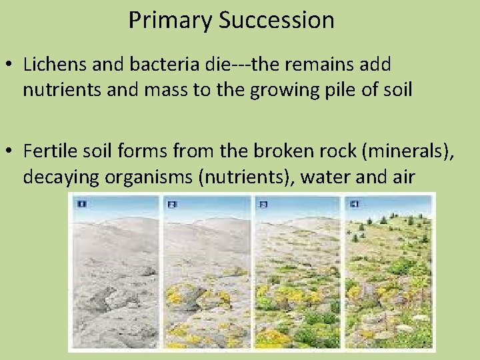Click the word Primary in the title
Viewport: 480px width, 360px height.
click(170, 20)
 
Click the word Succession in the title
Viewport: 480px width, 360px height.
click(276, 20)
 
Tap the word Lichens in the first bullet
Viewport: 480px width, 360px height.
click(51, 65)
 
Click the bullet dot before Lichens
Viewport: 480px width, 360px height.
click(9, 65)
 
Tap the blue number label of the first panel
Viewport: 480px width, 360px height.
click(81, 203)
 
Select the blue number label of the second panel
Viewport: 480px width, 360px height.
click(171, 203)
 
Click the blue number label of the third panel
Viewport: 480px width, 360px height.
click(262, 203)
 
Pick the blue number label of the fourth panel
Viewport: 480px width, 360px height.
click(354, 203)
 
